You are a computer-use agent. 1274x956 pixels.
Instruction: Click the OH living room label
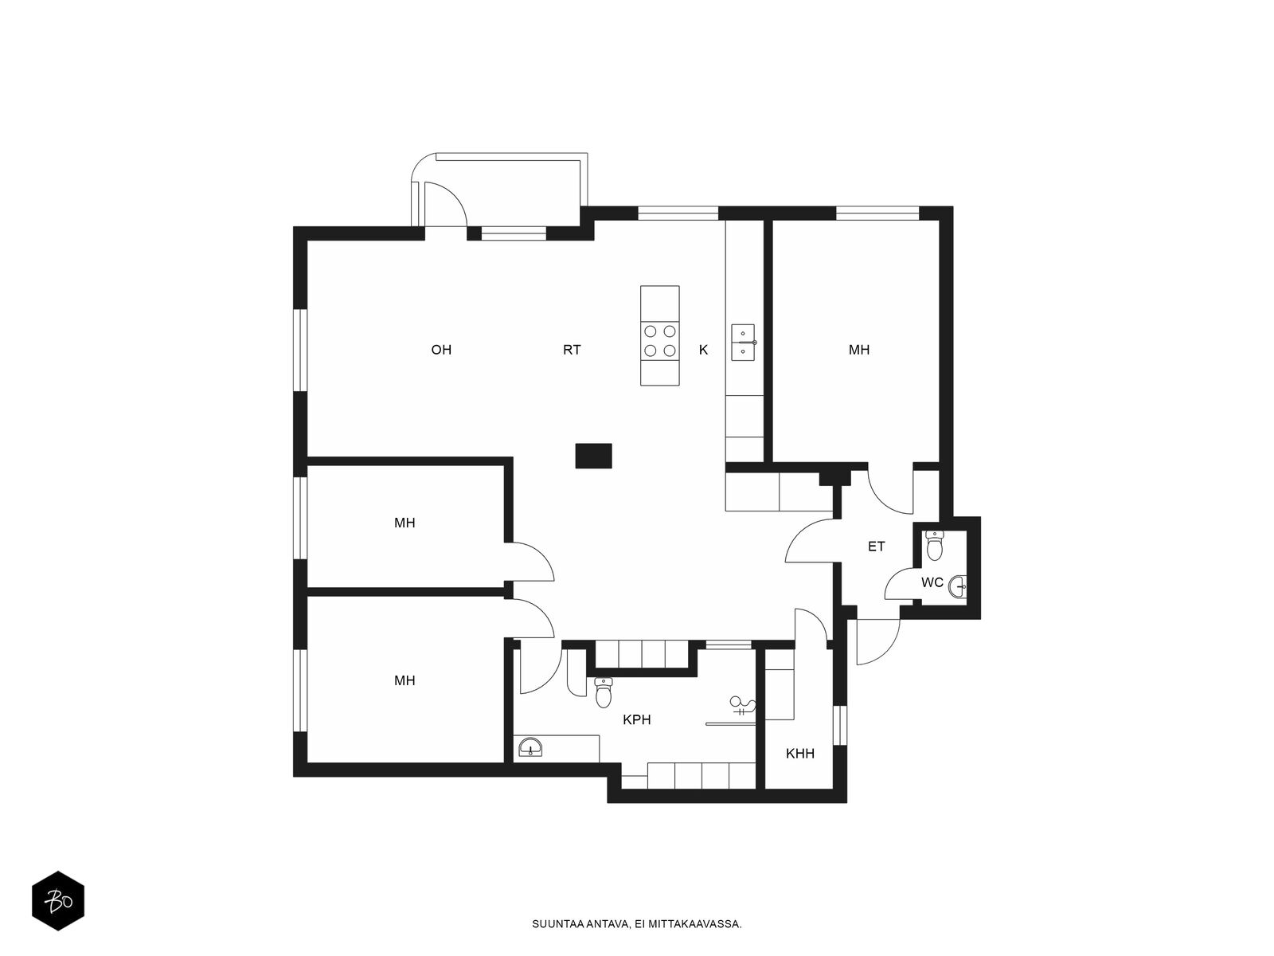coord(441,350)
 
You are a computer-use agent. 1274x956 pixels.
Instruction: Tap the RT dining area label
coord(572,350)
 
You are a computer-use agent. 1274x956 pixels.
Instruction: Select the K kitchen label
coord(703,350)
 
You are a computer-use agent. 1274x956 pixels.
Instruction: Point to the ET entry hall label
coord(877,547)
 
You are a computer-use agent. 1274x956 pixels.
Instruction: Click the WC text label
coord(932,582)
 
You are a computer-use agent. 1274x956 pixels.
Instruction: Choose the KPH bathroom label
coord(637,719)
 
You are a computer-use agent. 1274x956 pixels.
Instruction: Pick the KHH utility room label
coord(799,754)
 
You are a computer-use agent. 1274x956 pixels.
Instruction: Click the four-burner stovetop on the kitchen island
coord(660,341)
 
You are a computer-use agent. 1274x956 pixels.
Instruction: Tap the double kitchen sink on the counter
coord(743,342)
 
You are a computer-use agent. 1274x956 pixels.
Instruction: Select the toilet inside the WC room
coord(935,545)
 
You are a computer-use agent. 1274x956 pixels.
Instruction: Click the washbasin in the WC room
coord(958,587)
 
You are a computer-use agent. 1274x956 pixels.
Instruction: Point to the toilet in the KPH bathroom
coord(604,692)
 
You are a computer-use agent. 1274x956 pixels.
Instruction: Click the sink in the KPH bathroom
coord(530,747)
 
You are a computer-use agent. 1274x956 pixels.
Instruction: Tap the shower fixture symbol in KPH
coord(742,706)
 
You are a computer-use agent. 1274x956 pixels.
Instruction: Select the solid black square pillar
coord(593,456)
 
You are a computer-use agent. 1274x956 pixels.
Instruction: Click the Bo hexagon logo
coord(58,901)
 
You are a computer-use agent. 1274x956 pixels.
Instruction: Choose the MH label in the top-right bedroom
coord(859,350)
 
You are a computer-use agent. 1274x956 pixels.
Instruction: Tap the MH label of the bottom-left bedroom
coord(404,680)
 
